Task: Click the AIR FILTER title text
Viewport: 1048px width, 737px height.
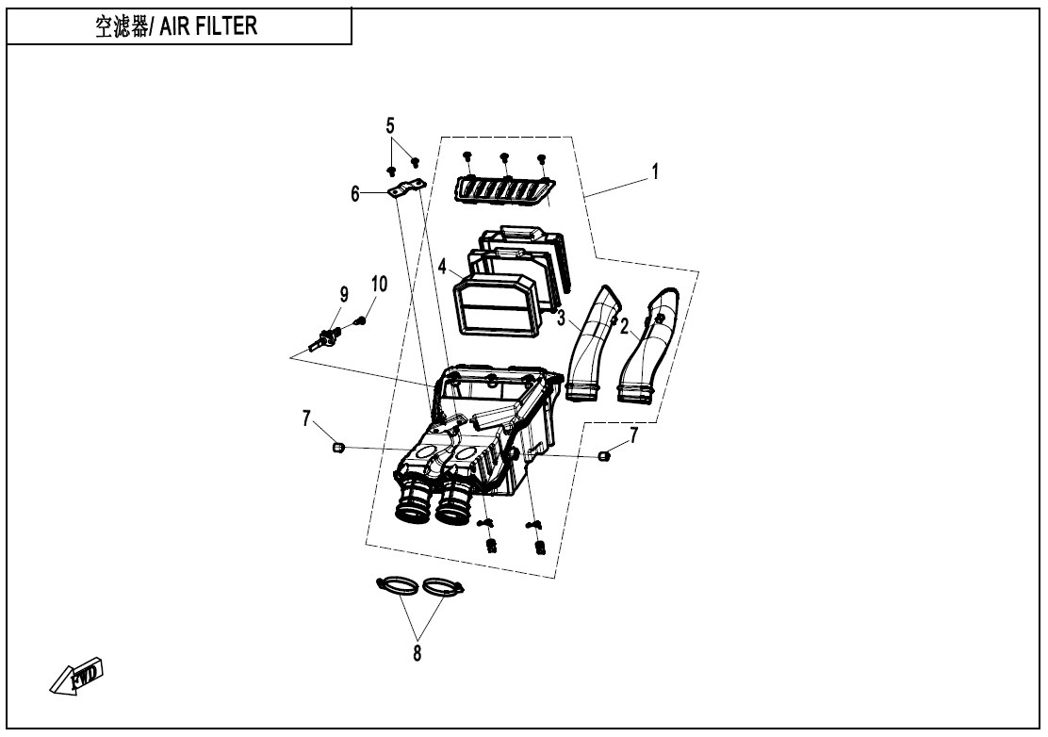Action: point(177,25)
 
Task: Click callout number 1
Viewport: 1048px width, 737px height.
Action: point(654,172)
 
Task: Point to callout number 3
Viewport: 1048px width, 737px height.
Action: point(561,319)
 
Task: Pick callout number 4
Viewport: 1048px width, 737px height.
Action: point(442,267)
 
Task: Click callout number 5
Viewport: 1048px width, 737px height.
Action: point(390,125)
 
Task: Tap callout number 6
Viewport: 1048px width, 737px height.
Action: point(356,193)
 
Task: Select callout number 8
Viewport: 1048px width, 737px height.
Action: point(417,651)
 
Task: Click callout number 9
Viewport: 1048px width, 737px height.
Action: point(344,295)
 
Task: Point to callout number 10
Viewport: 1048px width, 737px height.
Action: point(379,284)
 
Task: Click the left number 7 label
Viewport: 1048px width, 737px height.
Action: point(306,418)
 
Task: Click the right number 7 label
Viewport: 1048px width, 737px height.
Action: point(633,434)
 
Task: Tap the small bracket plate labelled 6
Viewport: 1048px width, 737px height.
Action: point(406,190)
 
